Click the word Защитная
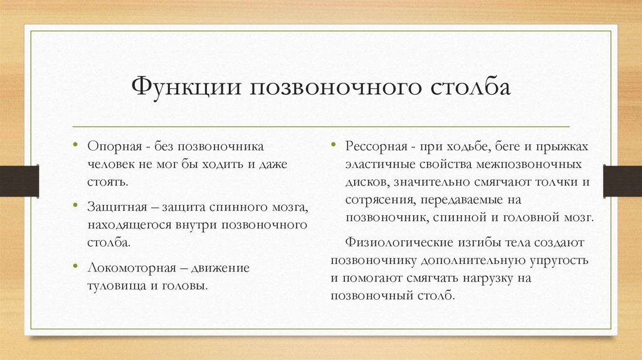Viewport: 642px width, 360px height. click(115, 206)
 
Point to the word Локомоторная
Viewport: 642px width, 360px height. click(127, 267)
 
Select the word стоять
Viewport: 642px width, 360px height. click(107, 182)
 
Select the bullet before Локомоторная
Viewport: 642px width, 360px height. click(75, 266)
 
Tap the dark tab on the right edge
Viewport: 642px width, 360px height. click(622, 180)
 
